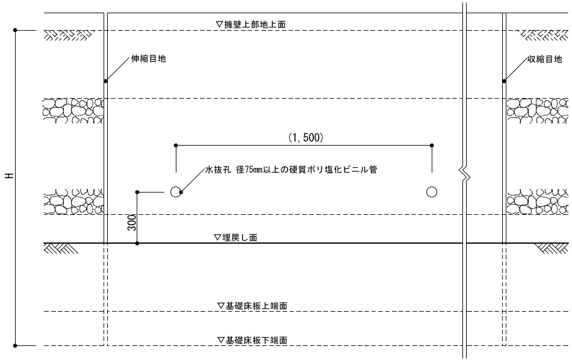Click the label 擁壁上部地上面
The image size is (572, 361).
tap(250, 25)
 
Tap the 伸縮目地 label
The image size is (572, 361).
tap(148, 59)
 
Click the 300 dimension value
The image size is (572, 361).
tap(131, 223)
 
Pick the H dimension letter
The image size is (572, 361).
tap(9, 176)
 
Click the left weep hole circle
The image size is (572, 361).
tap(175, 192)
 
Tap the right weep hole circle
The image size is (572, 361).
tap(432, 192)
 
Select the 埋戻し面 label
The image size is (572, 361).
tap(235, 238)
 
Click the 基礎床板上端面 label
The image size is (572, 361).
tap(252, 306)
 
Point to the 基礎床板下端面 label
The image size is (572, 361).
tap(252, 340)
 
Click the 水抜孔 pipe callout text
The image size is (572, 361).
tap(291, 170)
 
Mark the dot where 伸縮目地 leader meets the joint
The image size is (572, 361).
tap(105, 81)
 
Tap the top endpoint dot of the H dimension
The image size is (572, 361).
tap(16, 29)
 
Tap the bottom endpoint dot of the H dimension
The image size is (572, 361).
tap(16, 345)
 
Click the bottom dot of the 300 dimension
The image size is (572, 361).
tap(138, 243)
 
